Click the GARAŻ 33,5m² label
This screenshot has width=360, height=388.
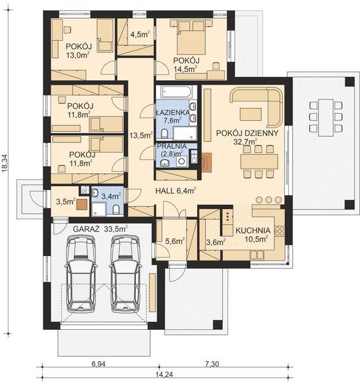100,229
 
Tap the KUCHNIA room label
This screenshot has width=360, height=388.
253,230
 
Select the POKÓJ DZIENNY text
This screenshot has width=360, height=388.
247,133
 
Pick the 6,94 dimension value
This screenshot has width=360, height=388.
98,363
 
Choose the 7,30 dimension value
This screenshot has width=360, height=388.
212,363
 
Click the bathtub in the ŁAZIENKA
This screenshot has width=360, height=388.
176,92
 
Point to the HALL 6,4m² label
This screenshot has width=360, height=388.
176,191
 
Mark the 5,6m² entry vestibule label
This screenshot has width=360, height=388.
175,241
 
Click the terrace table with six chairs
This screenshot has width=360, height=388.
326,117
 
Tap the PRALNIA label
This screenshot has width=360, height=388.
172,145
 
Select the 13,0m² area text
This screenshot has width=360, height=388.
78,55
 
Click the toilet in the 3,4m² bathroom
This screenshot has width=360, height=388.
115,210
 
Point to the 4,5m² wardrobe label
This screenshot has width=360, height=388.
141,34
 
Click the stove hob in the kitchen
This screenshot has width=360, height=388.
280,231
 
